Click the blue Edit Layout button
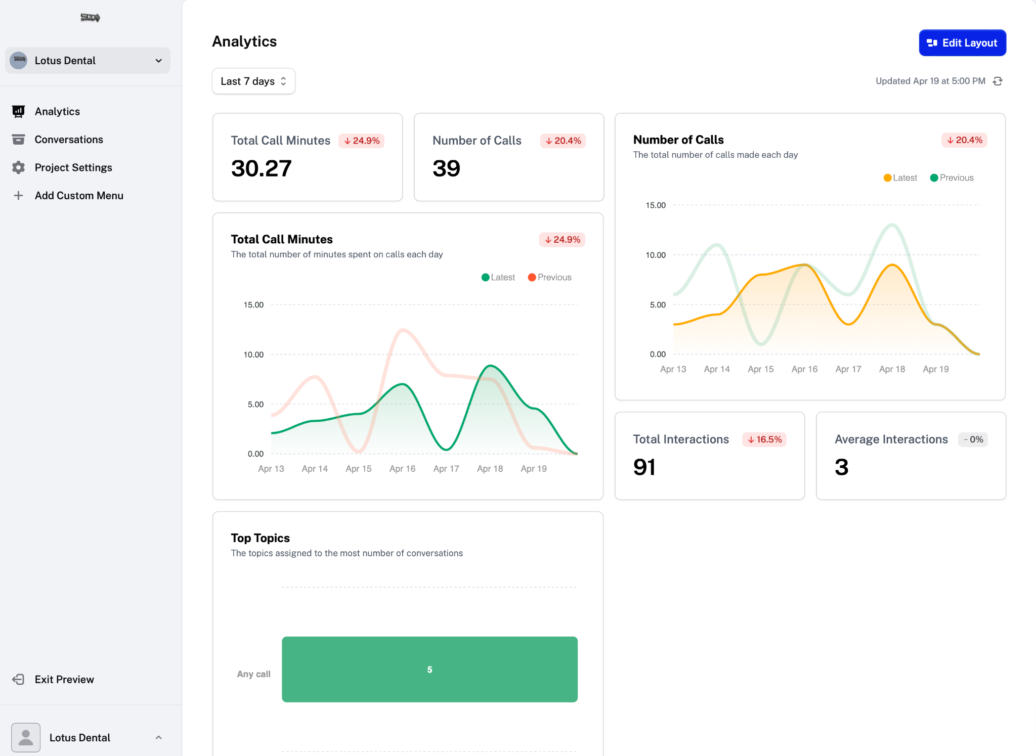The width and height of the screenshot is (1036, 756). tap(962, 43)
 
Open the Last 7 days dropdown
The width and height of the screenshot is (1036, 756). tap(253, 81)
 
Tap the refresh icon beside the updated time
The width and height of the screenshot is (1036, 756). tap(998, 81)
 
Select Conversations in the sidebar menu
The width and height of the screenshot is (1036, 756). tap(69, 140)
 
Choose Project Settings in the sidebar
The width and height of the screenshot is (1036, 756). tap(73, 167)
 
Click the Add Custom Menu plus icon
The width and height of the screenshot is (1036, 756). tap(18, 196)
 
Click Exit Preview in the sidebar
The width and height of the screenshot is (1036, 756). tap(64, 679)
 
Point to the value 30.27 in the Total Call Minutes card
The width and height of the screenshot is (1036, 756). tap(262, 168)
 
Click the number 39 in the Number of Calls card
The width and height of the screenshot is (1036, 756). tap(446, 168)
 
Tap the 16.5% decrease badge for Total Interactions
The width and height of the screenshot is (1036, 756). tap(764, 439)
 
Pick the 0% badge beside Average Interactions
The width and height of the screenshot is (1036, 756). tap(973, 439)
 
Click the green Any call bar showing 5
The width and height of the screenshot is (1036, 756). tap(429, 669)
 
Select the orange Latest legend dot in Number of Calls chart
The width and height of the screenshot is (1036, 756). tap(887, 178)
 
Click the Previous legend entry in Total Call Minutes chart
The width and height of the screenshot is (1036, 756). tap(549, 277)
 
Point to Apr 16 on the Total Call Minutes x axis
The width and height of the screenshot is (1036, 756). tap(402, 469)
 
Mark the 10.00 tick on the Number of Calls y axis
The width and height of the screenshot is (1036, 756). tap(656, 255)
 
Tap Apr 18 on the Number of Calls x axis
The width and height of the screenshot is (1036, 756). tap(892, 369)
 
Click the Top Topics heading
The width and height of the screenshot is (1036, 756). tap(261, 538)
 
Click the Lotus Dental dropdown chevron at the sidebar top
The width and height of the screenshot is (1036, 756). tap(159, 61)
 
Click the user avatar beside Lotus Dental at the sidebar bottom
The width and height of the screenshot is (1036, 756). tap(26, 737)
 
